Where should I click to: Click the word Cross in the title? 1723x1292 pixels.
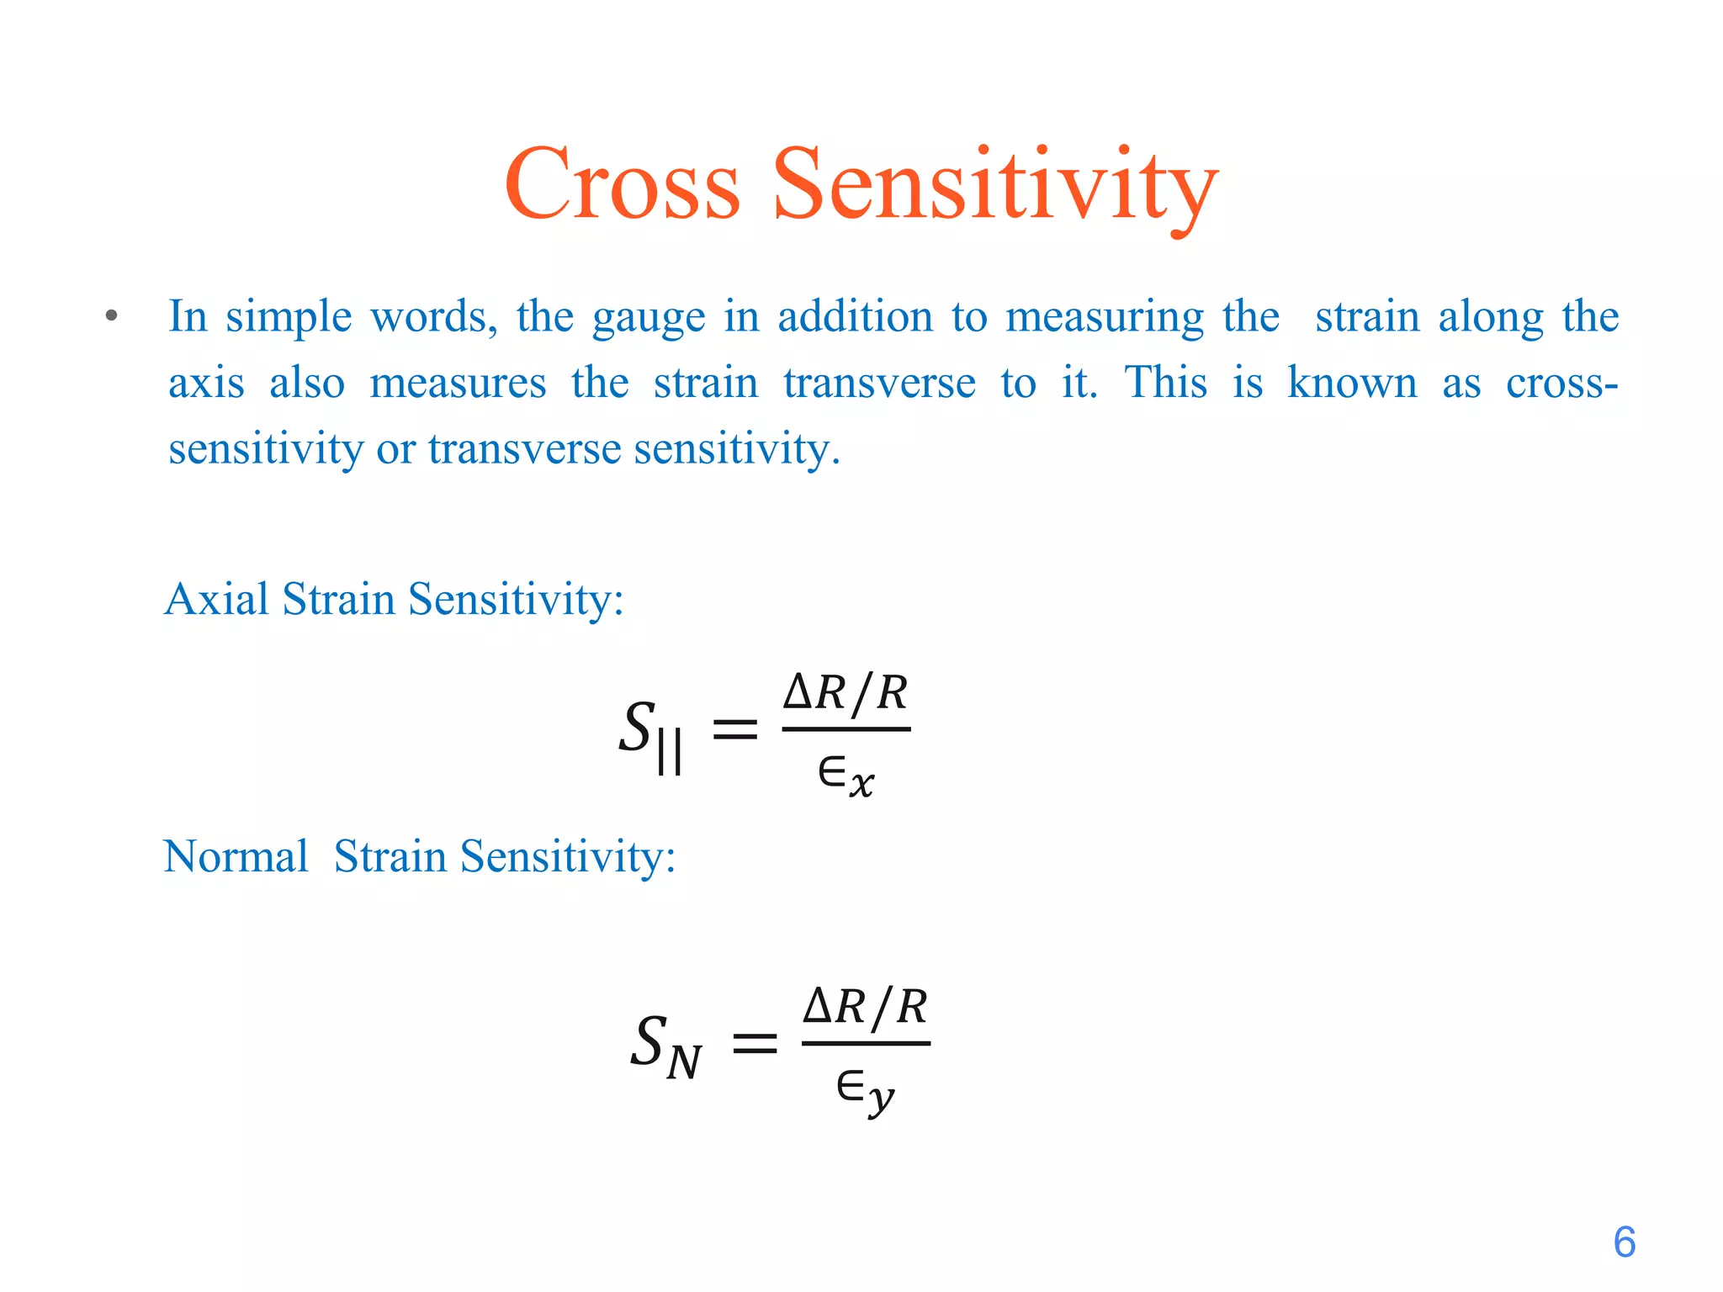point(622,185)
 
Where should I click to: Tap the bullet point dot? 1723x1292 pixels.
point(111,317)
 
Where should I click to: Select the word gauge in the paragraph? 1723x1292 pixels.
point(649,318)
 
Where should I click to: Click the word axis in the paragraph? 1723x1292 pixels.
point(206,383)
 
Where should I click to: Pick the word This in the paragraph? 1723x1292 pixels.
point(1165,383)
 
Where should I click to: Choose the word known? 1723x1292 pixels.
point(1352,383)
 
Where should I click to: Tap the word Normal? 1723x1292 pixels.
point(236,857)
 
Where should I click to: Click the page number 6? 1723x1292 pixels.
point(1624,1242)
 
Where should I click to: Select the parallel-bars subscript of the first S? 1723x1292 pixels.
point(670,751)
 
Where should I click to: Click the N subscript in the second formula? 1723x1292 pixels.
point(684,1062)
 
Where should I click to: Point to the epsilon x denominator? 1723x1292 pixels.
point(846,775)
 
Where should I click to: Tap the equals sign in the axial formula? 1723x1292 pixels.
point(734,728)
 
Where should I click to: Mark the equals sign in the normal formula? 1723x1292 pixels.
point(755,1044)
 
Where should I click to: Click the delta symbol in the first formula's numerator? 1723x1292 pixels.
point(798,694)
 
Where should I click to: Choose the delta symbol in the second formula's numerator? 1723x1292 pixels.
point(818,1007)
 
